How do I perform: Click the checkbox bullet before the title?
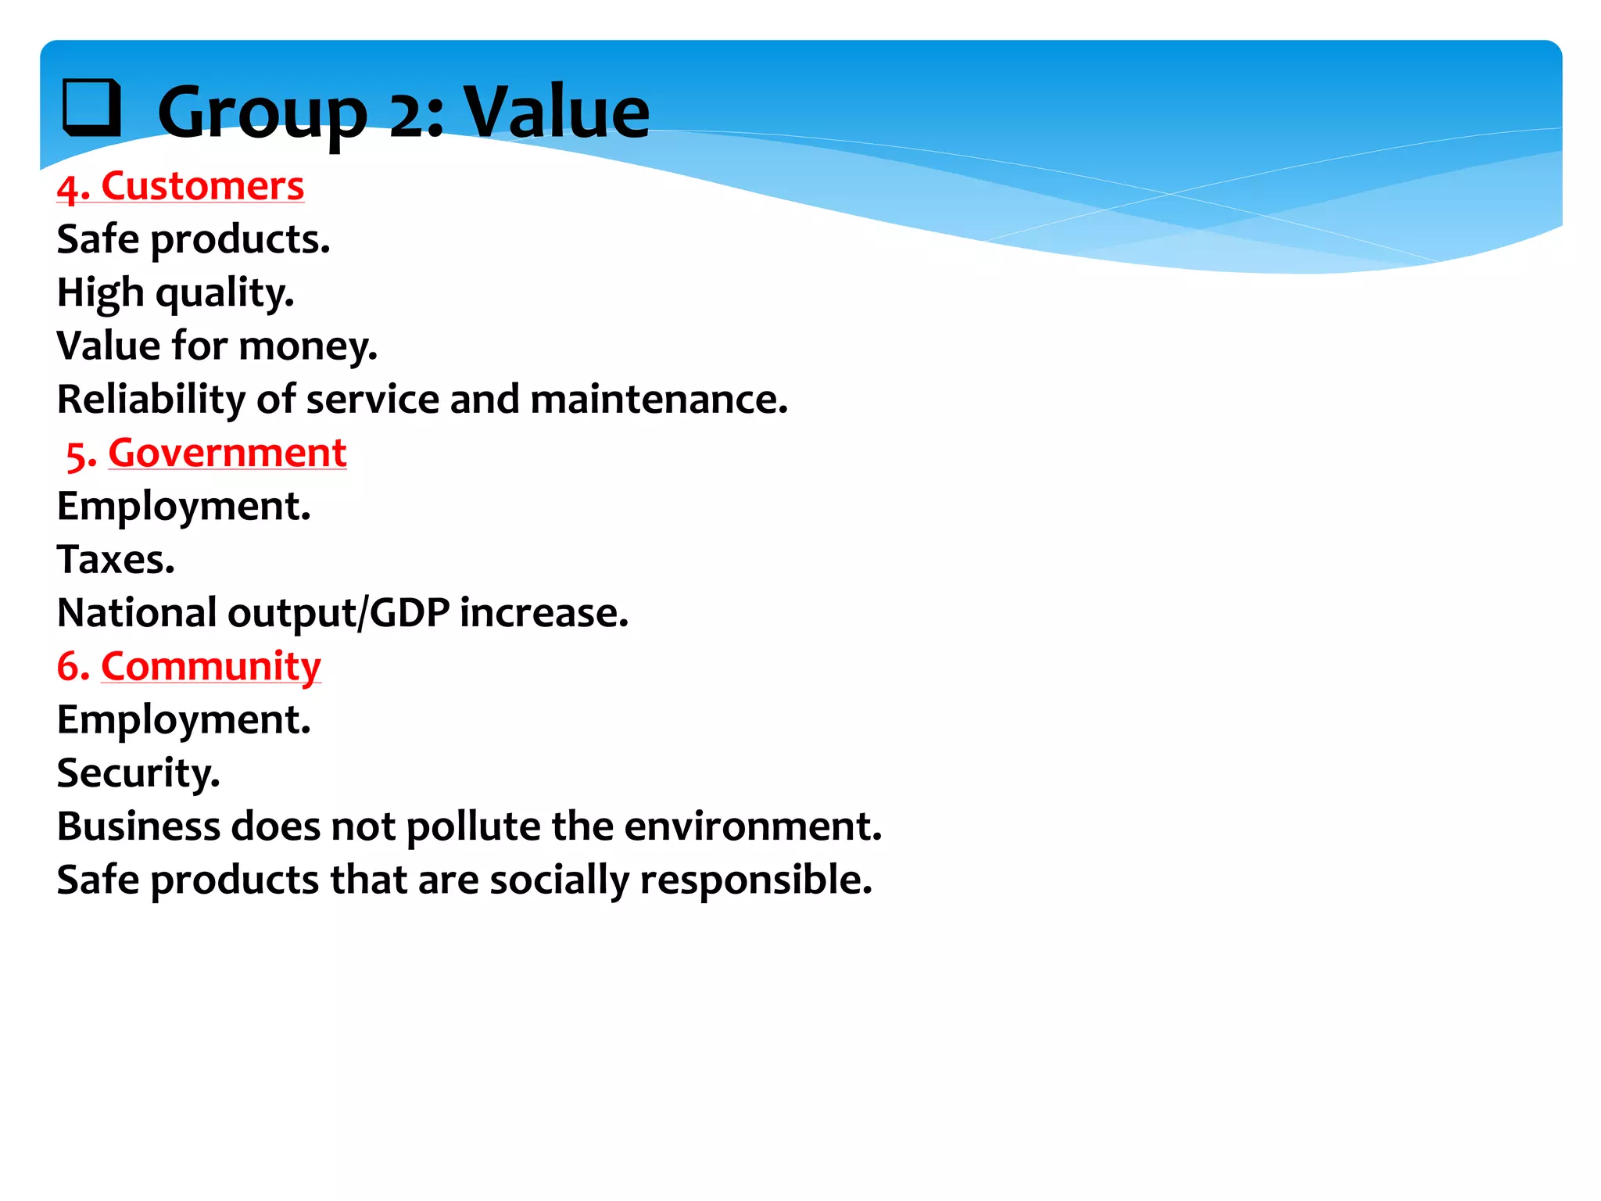pyautogui.click(x=92, y=108)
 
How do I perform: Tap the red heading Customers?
pyautogui.click(x=202, y=186)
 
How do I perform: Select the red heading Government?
pyautogui.click(x=227, y=453)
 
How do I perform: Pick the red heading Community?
pyautogui.click(x=210, y=666)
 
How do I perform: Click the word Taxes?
pyautogui.click(x=116, y=560)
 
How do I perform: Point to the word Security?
pyautogui.click(x=138, y=773)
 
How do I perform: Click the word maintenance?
pyautogui.click(x=658, y=400)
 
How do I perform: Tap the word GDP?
pyautogui.click(x=409, y=613)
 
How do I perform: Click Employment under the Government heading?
pyautogui.click(x=184, y=507)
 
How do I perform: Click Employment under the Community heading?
pyautogui.click(x=184, y=720)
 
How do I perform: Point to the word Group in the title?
pyautogui.click(x=262, y=113)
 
